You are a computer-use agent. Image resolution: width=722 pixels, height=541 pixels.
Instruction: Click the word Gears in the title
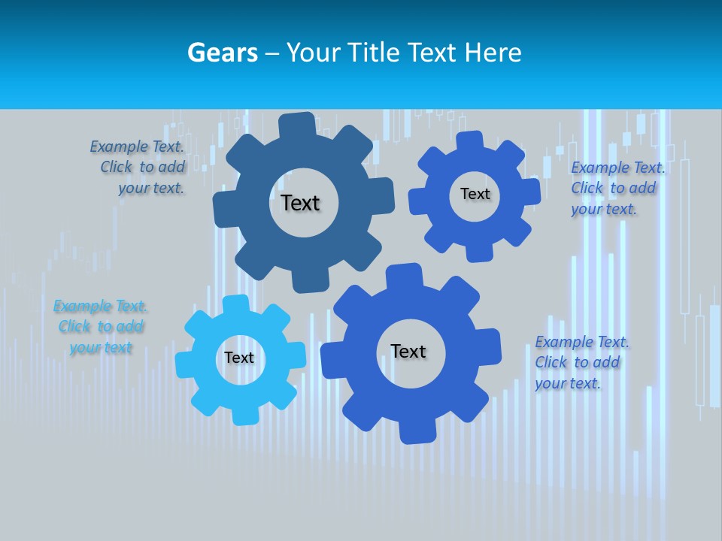(223, 53)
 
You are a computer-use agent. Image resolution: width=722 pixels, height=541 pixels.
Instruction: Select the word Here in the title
(493, 53)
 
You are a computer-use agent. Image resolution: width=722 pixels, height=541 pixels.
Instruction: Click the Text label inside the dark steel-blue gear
(300, 203)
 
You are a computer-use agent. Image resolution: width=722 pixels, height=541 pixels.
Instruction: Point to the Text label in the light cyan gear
(239, 358)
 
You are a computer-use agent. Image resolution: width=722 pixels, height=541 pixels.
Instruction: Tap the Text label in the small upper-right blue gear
(475, 194)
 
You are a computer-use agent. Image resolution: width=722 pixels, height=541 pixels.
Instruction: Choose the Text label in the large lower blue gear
(408, 352)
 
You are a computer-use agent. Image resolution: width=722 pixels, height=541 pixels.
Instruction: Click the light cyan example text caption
(101, 327)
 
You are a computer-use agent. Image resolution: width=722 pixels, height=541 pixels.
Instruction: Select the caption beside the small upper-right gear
(617, 188)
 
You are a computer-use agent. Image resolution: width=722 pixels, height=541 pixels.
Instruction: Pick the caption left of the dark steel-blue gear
(139, 168)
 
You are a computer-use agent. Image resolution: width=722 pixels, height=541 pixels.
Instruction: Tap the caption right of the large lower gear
(581, 363)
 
